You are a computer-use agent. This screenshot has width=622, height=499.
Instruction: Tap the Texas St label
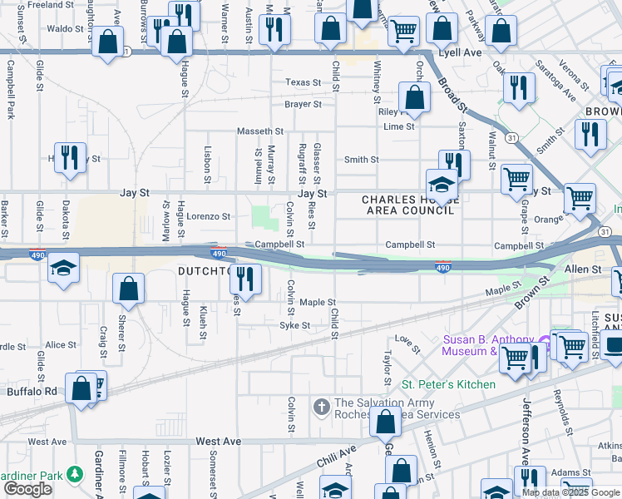(x=303, y=82)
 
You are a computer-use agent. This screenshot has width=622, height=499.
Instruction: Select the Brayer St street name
(x=303, y=105)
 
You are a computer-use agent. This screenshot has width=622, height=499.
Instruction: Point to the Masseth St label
(x=260, y=131)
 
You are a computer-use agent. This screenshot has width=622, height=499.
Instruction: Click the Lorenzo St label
(x=207, y=216)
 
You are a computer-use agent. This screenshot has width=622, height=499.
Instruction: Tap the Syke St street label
(x=294, y=325)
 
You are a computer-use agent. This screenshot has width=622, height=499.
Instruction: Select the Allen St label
(x=583, y=269)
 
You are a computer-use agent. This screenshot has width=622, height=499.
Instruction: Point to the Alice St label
(x=61, y=344)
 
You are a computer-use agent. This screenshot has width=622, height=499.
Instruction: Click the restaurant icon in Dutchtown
(x=244, y=276)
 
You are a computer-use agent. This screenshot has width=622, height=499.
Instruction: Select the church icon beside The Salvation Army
(x=322, y=407)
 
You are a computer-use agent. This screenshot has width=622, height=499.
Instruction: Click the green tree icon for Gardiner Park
(x=76, y=474)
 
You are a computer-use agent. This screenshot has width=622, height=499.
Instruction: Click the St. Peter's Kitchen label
(x=448, y=384)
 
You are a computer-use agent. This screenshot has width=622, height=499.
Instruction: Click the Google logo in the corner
(x=27, y=488)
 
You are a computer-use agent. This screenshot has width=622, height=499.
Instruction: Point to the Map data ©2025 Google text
(x=570, y=492)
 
